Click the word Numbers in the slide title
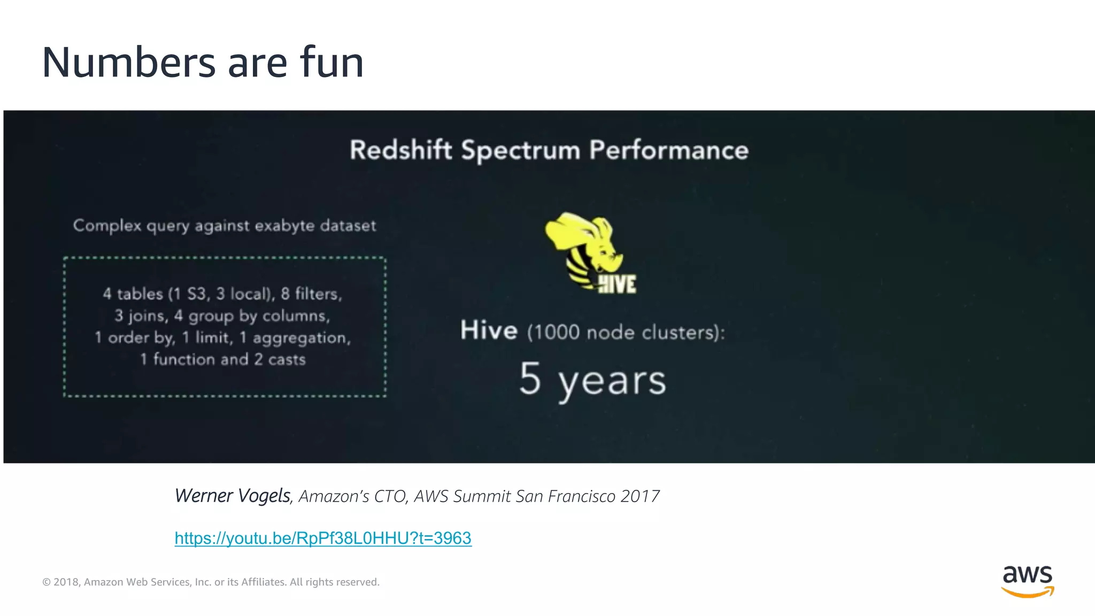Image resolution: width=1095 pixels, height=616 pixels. point(128,63)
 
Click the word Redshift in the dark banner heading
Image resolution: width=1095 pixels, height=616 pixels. point(400,150)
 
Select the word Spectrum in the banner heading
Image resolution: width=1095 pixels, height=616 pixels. point(520,151)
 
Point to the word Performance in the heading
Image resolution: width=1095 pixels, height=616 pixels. point(668,150)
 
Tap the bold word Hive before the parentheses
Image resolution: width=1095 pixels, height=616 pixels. point(489,330)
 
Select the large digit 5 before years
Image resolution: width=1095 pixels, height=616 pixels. point(530,379)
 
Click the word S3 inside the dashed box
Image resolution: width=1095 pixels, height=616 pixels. point(197,294)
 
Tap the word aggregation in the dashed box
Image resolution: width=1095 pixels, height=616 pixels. point(302,338)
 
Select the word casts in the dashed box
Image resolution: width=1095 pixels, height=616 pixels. point(287,359)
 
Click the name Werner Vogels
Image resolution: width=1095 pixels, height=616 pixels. point(233,496)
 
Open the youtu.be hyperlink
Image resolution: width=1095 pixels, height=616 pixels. point(323,538)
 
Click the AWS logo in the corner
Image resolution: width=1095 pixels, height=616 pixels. point(1027,581)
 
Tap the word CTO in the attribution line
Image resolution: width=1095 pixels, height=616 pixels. point(391,496)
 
